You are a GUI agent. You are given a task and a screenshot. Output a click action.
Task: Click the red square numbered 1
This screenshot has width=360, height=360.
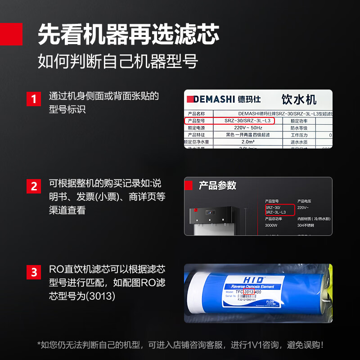click(x=33, y=98)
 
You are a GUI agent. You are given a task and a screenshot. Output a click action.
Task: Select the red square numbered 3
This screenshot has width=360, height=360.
click(x=33, y=272)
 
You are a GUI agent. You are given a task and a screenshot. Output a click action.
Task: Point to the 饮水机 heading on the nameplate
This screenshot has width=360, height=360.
click(x=299, y=99)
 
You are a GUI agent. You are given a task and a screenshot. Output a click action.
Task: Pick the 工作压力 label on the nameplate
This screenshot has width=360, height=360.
click(x=299, y=135)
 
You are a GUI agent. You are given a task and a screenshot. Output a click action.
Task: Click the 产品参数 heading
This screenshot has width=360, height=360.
click(x=217, y=185)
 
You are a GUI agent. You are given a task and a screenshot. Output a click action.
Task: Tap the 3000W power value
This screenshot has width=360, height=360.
click(x=271, y=225)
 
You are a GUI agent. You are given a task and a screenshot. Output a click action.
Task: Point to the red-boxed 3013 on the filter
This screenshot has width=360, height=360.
click(x=249, y=292)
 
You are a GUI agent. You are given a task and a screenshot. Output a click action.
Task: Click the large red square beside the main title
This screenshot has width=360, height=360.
click(x=11, y=34)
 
